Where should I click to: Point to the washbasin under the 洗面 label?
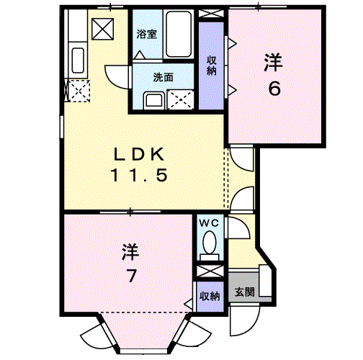click(x=153, y=99)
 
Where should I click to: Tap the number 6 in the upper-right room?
click(x=272, y=89)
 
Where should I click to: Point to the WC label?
click(x=211, y=224)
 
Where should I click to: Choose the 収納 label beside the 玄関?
click(x=210, y=296)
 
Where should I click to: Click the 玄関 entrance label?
click(x=243, y=293)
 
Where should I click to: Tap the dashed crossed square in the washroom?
click(x=180, y=99)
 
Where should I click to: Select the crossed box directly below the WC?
click(x=211, y=271)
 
